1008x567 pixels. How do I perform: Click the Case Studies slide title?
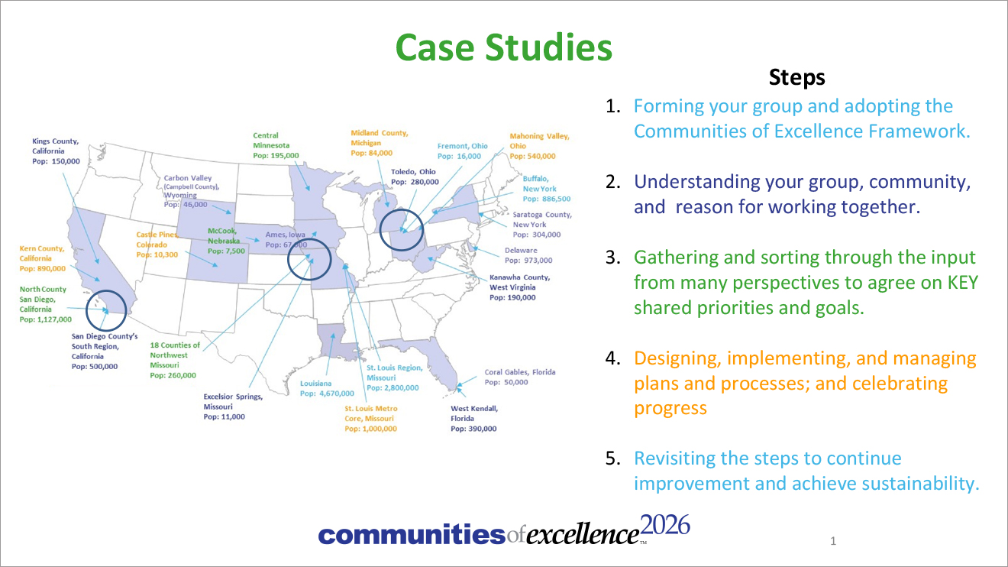coord(503,47)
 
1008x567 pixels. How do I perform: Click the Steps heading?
coord(797,77)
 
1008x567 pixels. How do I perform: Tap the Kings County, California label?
coord(56,151)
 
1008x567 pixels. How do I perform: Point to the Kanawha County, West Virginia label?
coord(520,287)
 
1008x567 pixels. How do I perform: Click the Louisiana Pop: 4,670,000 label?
coord(327,388)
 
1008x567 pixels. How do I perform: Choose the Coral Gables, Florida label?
coord(520,377)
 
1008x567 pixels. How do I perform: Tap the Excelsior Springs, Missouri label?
coord(233,407)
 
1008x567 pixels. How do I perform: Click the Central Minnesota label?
coord(276,145)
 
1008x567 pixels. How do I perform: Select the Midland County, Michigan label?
coord(380,143)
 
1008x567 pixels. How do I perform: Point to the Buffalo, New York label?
coord(546,189)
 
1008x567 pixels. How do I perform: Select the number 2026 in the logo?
coord(664,525)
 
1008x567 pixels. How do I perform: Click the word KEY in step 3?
coord(963,283)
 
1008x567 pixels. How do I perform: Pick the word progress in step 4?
coord(670,409)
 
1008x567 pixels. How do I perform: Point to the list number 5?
coord(613,458)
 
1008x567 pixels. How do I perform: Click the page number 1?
coord(833,541)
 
